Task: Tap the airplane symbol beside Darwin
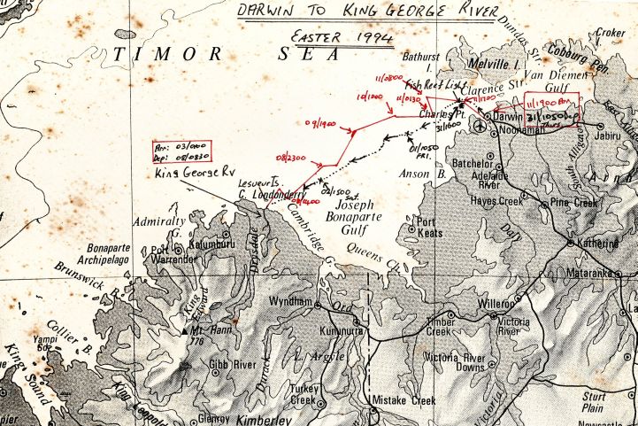479,127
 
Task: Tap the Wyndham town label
290,301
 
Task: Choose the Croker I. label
611,34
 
